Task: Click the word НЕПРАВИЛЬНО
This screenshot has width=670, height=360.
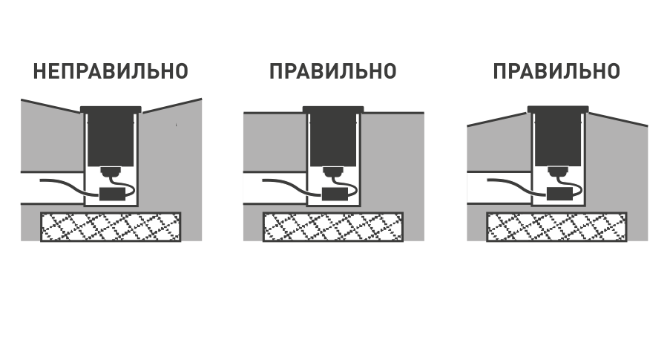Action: pos(111,71)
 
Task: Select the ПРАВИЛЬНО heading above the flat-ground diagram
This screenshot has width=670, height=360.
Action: pos(333,71)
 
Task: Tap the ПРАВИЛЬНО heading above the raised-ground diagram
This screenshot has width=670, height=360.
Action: pos(556,71)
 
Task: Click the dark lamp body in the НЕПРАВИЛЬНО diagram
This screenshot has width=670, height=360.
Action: pos(111,139)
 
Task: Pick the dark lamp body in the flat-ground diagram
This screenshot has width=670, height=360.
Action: pos(333,139)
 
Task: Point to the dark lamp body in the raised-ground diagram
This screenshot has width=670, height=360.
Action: pos(558,139)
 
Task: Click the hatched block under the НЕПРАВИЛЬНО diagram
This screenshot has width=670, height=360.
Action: pos(111,227)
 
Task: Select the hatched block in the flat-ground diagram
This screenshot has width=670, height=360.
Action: pos(333,227)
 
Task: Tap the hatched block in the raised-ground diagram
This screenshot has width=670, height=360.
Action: pos(556,227)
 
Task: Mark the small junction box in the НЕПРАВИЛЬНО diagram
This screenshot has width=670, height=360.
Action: pos(112,194)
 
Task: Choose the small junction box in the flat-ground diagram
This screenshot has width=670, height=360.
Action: pos(335,194)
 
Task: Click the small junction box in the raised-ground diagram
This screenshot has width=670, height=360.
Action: pos(559,194)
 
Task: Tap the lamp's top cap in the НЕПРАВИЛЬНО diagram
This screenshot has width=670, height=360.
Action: pos(111,109)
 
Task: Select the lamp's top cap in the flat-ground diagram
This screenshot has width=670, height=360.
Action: pos(333,109)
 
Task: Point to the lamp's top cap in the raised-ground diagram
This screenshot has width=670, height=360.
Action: pos(558,109)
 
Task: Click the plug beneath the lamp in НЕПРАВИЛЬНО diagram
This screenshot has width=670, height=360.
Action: pos(111,173)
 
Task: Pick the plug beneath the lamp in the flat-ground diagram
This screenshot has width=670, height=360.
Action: pos(333,173)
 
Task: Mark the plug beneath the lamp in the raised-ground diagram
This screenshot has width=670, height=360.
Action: pos(558,173)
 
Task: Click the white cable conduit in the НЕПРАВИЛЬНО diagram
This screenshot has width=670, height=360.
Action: pos(52,188)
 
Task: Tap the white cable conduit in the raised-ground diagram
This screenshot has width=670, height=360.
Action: pos(499,188)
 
